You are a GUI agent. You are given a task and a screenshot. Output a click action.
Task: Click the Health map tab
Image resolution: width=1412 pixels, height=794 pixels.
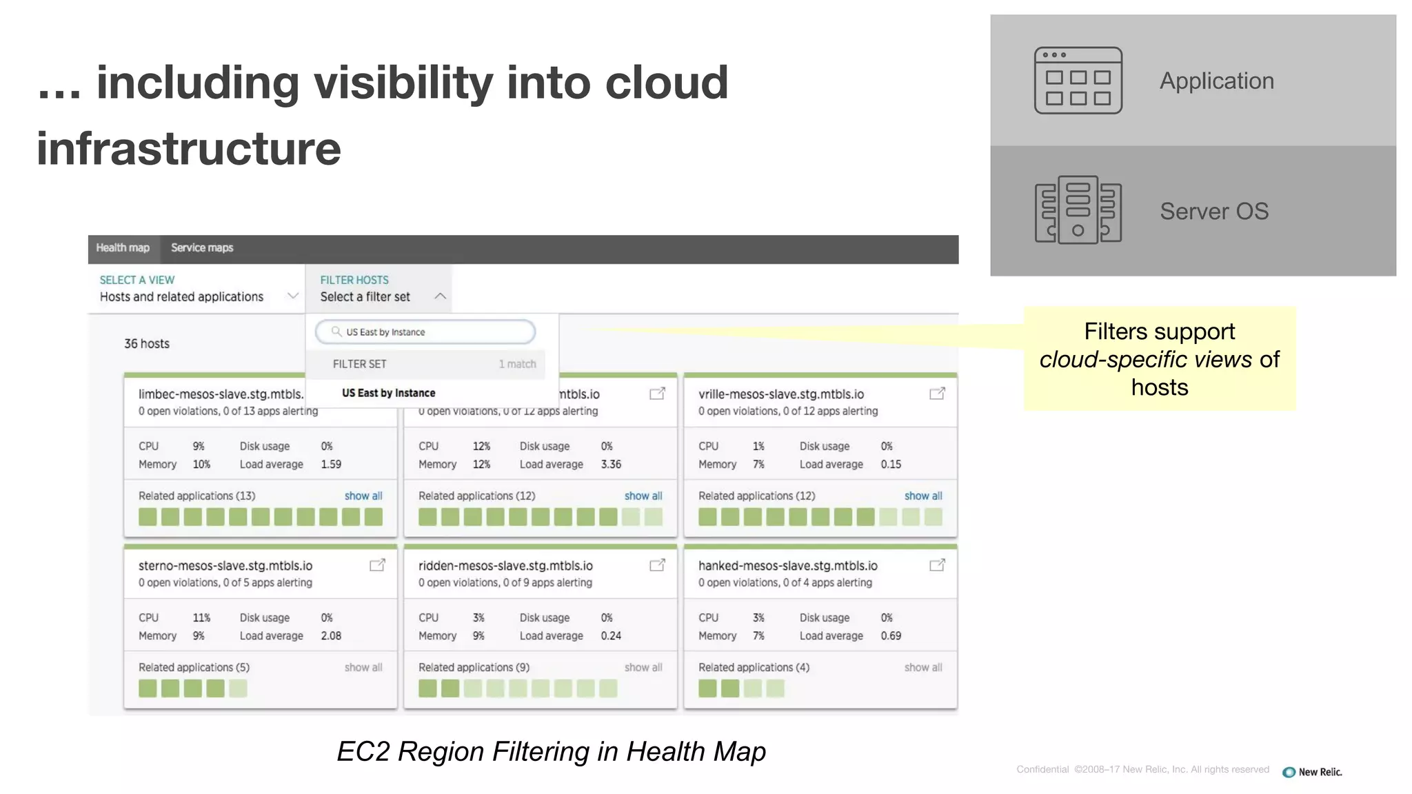pyautogui.click(x=123, y=248)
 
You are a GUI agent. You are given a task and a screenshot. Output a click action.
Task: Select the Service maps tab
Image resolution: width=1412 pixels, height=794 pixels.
pyautogui.click(x=202, y=248)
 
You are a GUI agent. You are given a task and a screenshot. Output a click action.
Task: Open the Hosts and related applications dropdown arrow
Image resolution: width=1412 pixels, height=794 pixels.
pyautogui.click(x=293, y=296)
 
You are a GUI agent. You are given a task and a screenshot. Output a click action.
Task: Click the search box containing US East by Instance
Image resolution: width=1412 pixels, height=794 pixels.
pyautogui.click(x=425, y=332)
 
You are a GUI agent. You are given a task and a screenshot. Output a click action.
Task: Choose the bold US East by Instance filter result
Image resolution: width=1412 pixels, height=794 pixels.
pyautogui.click(x=389, y=394)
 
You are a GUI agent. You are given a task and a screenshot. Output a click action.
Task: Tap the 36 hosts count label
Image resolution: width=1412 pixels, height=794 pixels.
pyautogui.click(x=147, y=344)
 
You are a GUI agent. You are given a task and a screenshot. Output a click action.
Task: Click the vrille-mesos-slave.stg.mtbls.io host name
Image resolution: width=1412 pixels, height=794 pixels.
pyautogui.click(x=781, y=394)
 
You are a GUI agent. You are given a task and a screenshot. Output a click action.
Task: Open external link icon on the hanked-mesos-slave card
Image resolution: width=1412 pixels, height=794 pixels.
pyautogui.click(x=937, y=566)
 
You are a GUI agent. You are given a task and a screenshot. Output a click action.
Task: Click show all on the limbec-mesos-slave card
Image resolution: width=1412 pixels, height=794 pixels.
pyautogui.click(x=363, y=496)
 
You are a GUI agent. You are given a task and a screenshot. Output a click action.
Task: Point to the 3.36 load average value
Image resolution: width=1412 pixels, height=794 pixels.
pyautogui.click(x=611, y=465)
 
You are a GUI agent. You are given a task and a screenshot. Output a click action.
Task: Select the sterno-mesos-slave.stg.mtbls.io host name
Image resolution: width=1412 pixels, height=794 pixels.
pyautogui.click(x=225, y=566)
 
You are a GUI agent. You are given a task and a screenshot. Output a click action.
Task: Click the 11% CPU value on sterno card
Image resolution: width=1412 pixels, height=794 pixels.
pyautogui.click(x=201, y=618)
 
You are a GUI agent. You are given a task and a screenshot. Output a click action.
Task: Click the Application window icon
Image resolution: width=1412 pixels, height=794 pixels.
pyautogui.click(x=1078, y=81)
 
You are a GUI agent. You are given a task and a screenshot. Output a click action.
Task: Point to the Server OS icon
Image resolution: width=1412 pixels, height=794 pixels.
pyautogui.click(x=1078, y=210)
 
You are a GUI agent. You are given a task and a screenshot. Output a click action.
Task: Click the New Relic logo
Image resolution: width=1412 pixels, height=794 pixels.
pyautogui.click(x=1312, y=772)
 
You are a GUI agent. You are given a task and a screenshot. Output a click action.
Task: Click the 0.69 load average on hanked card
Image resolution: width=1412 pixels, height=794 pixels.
pyautogui.click(x=891, y=636)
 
